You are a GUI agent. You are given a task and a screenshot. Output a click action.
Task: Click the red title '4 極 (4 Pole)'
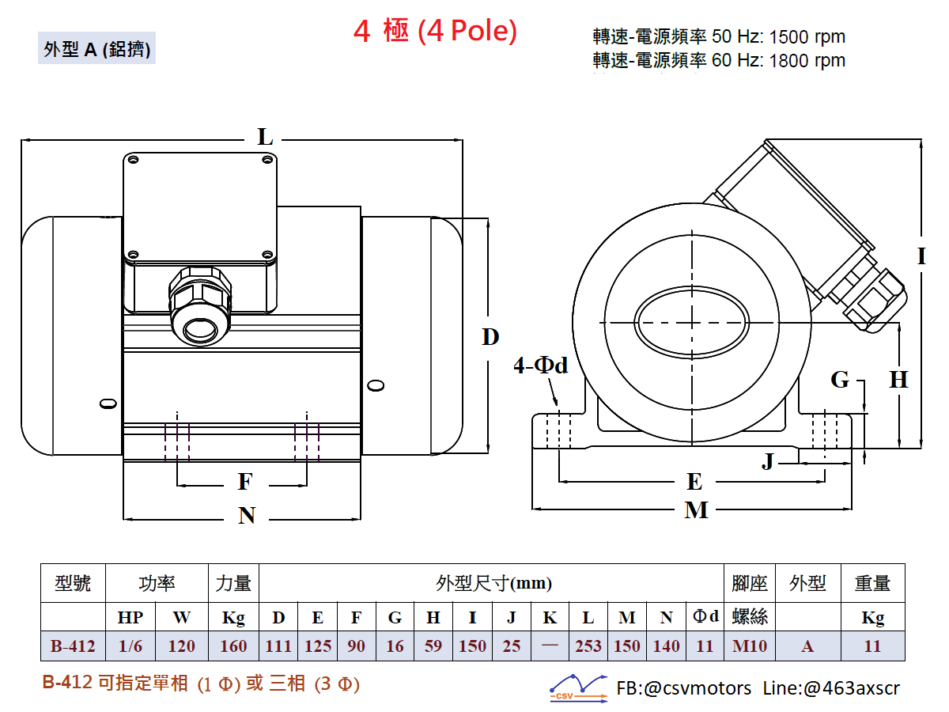[435, 32]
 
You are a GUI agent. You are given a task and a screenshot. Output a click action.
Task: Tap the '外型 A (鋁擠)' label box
[97, 49]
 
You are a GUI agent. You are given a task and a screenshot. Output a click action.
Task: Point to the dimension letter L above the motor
[265, 138]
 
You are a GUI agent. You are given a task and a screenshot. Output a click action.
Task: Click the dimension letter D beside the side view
[491, 338]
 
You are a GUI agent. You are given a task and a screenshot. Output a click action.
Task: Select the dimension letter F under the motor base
[245, 482]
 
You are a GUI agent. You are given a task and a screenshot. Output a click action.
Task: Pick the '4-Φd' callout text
[541, 365]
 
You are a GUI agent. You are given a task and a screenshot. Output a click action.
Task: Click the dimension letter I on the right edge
[921, 256]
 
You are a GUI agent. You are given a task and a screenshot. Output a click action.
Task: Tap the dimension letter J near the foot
[768, 461]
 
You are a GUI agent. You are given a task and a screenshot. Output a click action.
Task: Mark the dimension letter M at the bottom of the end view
[696, 510]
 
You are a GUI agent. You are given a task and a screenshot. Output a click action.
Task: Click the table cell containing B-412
[73, 646]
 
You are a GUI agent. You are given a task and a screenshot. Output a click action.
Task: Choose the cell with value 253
[588, 646]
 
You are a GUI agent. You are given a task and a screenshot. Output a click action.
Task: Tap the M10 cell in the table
[750, 646]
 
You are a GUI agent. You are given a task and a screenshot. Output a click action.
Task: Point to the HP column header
[130, 618]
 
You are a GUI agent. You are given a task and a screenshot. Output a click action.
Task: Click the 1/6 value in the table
[130, 646]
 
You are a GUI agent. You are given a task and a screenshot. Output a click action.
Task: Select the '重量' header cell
[872, 584]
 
